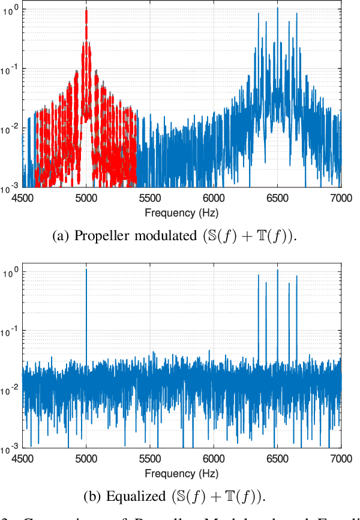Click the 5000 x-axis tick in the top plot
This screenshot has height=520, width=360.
click(x=86, y=197)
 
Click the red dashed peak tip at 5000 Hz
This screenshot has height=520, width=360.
click(x=86, y=10)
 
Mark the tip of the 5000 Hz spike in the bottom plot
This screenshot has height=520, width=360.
click(x=86, y=270)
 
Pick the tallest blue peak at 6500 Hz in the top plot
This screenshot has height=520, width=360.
click(x=278, y=8)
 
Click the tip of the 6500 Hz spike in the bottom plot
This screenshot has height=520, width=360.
click(x=278, y=270)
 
